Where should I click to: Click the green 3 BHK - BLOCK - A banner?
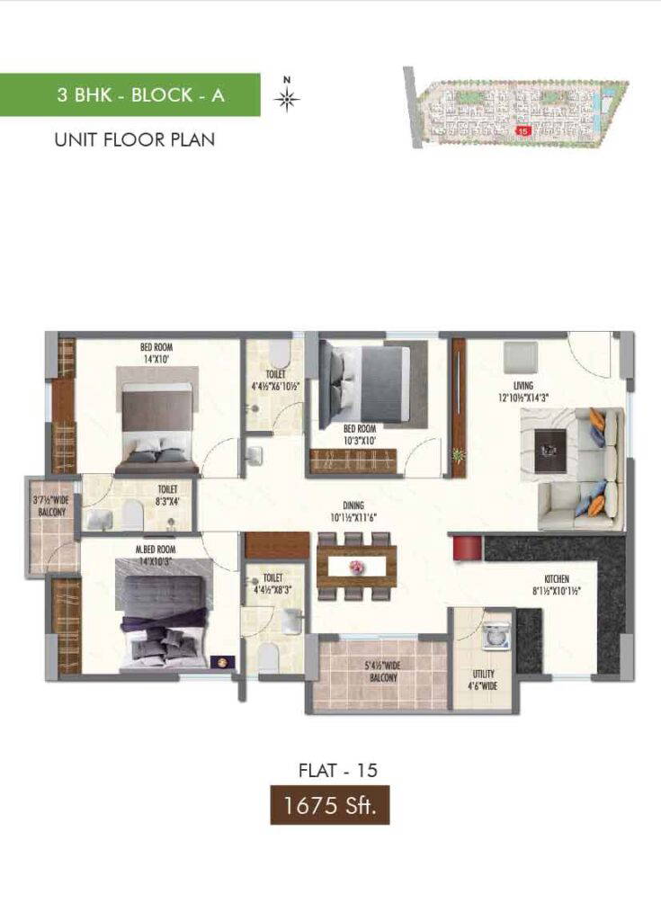(x=130, y=94)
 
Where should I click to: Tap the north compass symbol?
(x=287, y=98)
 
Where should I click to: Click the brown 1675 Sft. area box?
(x=330, y=805)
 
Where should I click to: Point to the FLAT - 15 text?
(x=337, y=770)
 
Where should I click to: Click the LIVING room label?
(x=524, y=391)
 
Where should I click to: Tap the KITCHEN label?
(x=556, y=585)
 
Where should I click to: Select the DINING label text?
(x=352, y=511)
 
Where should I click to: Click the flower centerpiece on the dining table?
(x=357, y=568)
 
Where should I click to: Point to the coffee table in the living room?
(x=549, y=450)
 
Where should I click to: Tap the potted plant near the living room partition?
(x=459, y=456)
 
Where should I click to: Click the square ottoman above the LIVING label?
(x=521, y=357)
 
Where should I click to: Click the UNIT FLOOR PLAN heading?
(x=135, y=139)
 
